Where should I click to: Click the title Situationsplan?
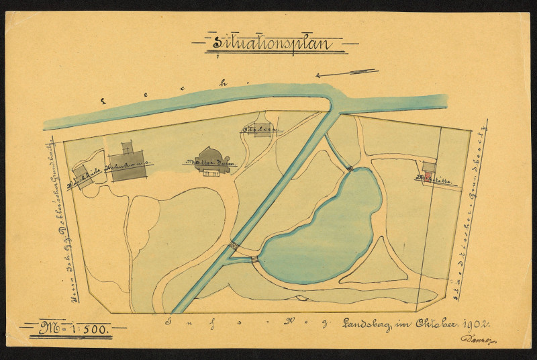tap(273, 44)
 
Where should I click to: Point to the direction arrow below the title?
tap(346, 73)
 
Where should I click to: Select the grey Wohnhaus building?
tap(128, 165)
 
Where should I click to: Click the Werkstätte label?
tap(432, 180)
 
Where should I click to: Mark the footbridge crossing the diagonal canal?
tap(234, 246)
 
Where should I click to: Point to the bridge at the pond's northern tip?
tap(350, 167)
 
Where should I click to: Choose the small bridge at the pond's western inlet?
tap(254, 259)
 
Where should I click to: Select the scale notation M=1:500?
tap(73, 329)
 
